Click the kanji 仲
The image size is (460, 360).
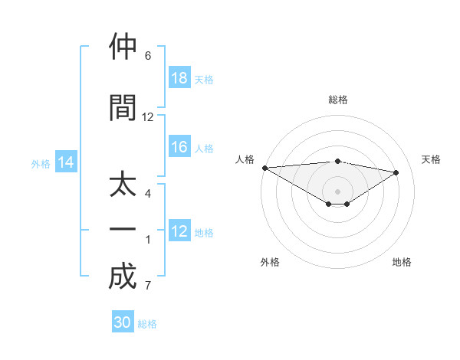point(123,47)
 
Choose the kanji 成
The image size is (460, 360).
point(123,277)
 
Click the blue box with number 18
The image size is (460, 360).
point(179,79)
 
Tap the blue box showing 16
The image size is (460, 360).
point(179,148)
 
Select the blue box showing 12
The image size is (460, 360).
point(179,232)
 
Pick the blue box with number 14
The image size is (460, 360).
point(65,162)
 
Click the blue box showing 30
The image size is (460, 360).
point(123,322)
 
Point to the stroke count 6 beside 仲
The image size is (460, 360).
point(148,56)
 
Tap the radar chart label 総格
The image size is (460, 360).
point(337,100)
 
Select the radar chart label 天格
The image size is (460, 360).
point(432,159)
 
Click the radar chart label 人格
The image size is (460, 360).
point(245,159)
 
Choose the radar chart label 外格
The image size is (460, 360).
point(270,262)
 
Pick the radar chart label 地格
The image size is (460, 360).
point(402,262)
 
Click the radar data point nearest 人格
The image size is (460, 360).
point(264,168)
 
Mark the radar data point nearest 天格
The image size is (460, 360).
point(396,172)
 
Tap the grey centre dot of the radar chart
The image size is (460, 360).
point(337,191)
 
